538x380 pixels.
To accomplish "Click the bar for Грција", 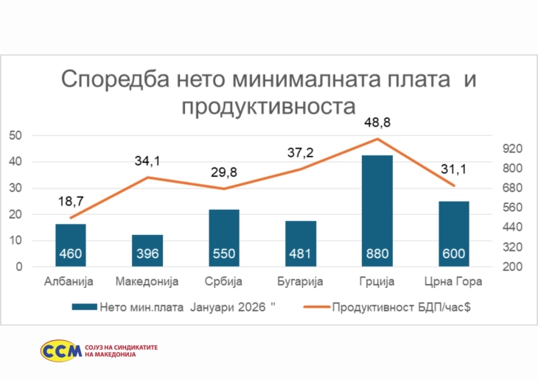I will click(377, 211).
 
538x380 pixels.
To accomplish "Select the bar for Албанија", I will click(71, 244).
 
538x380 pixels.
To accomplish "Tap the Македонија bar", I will click(147, 250).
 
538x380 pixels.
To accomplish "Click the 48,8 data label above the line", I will click(377, 121).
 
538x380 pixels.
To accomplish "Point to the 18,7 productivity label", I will click(71, 200).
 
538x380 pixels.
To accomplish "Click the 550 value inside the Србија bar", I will click(224, 255).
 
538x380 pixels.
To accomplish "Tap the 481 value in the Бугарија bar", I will click(301, 255).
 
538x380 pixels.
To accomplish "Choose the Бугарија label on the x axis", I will click(301, 282).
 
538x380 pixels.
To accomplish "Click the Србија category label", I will click(224, 282).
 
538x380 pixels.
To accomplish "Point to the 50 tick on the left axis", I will click(15, 136).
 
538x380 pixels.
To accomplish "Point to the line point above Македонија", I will click(147, 177).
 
